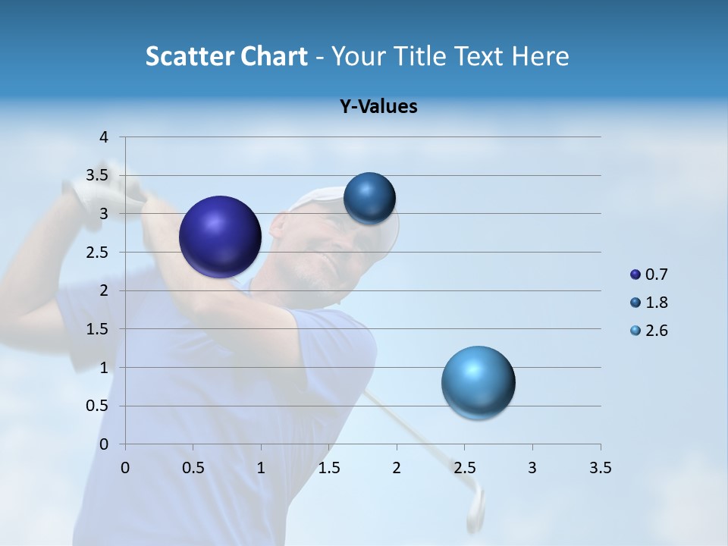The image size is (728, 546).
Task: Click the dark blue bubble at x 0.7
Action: tap(221, 237)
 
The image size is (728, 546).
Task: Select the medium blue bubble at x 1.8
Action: tap(369, 199)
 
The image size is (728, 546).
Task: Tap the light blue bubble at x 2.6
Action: tap(478, 382)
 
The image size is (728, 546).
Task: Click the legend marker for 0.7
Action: tap(635, 275)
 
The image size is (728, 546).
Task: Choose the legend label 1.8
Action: tap(656, 303)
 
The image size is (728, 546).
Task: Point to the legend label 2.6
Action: tap(656, 331)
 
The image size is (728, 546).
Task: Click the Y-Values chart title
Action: tap(378, 107)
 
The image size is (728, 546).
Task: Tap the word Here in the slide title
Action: tap(540, 56)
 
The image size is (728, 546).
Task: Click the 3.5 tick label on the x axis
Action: tap(600, 468)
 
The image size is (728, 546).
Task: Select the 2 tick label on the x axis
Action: tap(397, 468)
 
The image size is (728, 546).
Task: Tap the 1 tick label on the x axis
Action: tap(261, 468)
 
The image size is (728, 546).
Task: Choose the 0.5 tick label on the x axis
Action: tap(193, 468)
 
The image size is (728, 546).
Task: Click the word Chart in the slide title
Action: tap(275, 56)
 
